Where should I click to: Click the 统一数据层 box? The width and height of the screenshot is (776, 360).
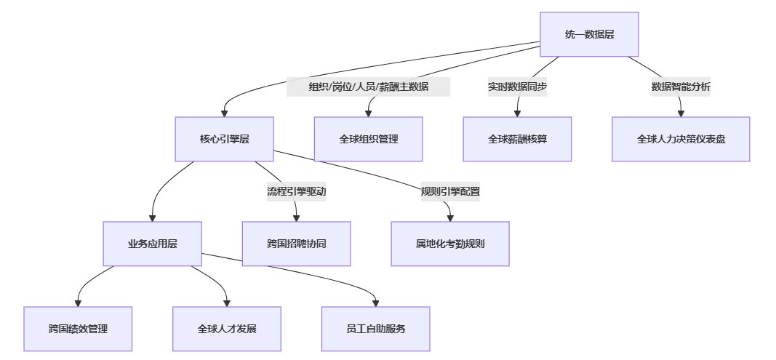(589, 34)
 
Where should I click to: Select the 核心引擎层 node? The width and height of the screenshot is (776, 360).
(224, 139)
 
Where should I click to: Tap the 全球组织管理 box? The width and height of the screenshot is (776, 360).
(368, 139)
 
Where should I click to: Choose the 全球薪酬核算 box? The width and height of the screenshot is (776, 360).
(517, 139)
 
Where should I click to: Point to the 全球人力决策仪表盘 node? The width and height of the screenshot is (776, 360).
(681, 139)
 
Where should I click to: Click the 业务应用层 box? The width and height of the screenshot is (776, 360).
(152, 244)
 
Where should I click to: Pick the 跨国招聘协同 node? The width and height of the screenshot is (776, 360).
(296, 244)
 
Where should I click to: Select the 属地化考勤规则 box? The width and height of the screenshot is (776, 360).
(450, 244)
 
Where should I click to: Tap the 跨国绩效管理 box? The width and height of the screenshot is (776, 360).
(78, 329)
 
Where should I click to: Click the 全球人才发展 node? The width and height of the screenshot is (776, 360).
(227, 329)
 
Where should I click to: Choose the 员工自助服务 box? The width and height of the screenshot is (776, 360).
(376, 329)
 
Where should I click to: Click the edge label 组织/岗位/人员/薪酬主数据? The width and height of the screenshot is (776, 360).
(368, 87)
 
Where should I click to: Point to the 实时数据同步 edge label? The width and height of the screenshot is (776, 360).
(517, 87)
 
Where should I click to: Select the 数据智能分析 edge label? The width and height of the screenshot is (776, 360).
(681, 87)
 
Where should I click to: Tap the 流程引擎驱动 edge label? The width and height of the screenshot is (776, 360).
(296, 192)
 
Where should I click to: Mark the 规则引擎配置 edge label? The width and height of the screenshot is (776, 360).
(450, 192)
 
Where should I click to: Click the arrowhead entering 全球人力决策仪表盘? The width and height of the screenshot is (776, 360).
(681, 113)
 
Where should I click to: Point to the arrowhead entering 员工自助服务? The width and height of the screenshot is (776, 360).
(376, 303)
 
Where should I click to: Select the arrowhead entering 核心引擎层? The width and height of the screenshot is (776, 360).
(224, 113)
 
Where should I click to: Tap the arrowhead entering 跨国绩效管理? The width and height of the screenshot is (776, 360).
(78, 303)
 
